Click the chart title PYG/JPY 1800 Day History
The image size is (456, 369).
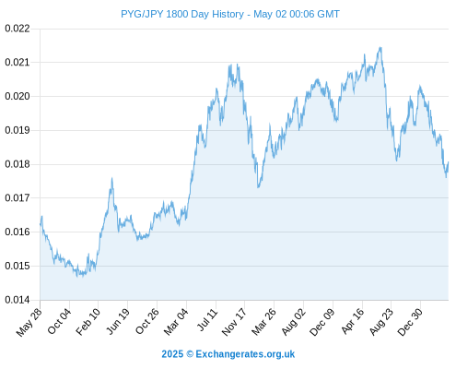182,14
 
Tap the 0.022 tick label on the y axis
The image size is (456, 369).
18,29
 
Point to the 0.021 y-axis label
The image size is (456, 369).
18,63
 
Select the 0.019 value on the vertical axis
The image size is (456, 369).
18,130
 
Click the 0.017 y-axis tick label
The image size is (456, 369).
18,197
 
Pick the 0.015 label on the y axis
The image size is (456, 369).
18,266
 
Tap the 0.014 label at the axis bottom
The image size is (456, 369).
18,300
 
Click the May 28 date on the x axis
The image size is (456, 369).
29,322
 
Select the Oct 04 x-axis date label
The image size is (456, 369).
59,321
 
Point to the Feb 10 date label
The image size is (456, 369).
88,321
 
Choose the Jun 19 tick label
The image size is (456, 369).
118,321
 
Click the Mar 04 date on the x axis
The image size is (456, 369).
176,321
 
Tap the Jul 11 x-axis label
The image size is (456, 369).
207,319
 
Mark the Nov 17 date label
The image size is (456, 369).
234,322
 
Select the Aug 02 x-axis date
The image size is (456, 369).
294,322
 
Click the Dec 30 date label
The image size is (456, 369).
410,322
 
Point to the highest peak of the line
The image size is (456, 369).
380,47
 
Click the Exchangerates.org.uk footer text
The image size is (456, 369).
245,354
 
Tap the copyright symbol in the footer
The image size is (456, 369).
190,354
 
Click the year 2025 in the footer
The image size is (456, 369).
172,354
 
